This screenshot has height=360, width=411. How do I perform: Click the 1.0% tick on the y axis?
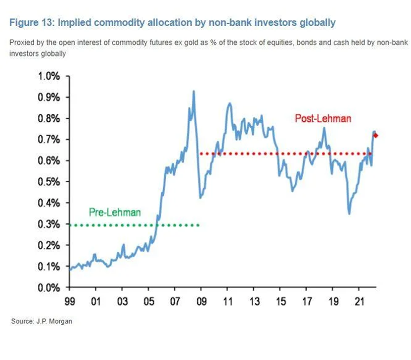pyautogui.click(x=48, y=76)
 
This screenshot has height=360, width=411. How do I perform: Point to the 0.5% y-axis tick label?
pyautogui.click(x=48, y=182)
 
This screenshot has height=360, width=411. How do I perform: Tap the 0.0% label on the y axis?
pyautogui.click(x=48, y=287)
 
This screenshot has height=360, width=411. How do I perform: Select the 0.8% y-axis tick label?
pyautogui.click(x=48, y=118)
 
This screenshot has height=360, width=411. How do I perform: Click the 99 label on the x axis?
pyautogui.click(x=69, y=300)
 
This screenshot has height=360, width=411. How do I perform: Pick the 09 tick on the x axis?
pyautogui.click(x=202, y=300)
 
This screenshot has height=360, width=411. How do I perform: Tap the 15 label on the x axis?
pyautogui.click(x=280, y=300)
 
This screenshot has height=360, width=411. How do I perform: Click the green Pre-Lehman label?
pyautogui.click(x=115, y=212)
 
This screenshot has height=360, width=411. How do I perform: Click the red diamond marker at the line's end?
pyautogui.click(x=376, y=135)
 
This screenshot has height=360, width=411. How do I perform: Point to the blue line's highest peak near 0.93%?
pyautogui.click(x=193, y=92)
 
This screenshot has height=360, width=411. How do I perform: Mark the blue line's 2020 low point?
pyautogui.click(x=349, y=213)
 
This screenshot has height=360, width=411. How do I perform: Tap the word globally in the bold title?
pyautogui.click(x=318, y=22)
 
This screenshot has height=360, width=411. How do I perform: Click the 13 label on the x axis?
pyautogui.click(x=254, y=300)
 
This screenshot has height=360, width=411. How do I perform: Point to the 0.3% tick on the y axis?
pyautogui.click(x=48, y=224)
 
